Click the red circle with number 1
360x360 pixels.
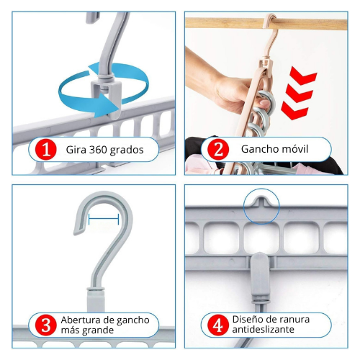click(45, 149)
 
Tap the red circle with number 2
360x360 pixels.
click(218, 149)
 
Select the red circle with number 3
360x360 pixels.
click(45, 325)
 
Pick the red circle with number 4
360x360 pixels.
click(218, 325)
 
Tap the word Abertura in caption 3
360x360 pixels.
click(80, 320)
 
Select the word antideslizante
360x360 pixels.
click(263, 329)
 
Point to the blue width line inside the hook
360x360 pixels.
click(104, 219)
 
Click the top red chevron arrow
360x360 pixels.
click(303, 76)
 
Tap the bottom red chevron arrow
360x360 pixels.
click(294, 110)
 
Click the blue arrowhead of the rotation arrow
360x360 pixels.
click(109, 105)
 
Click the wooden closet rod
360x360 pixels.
click(266, 24)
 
